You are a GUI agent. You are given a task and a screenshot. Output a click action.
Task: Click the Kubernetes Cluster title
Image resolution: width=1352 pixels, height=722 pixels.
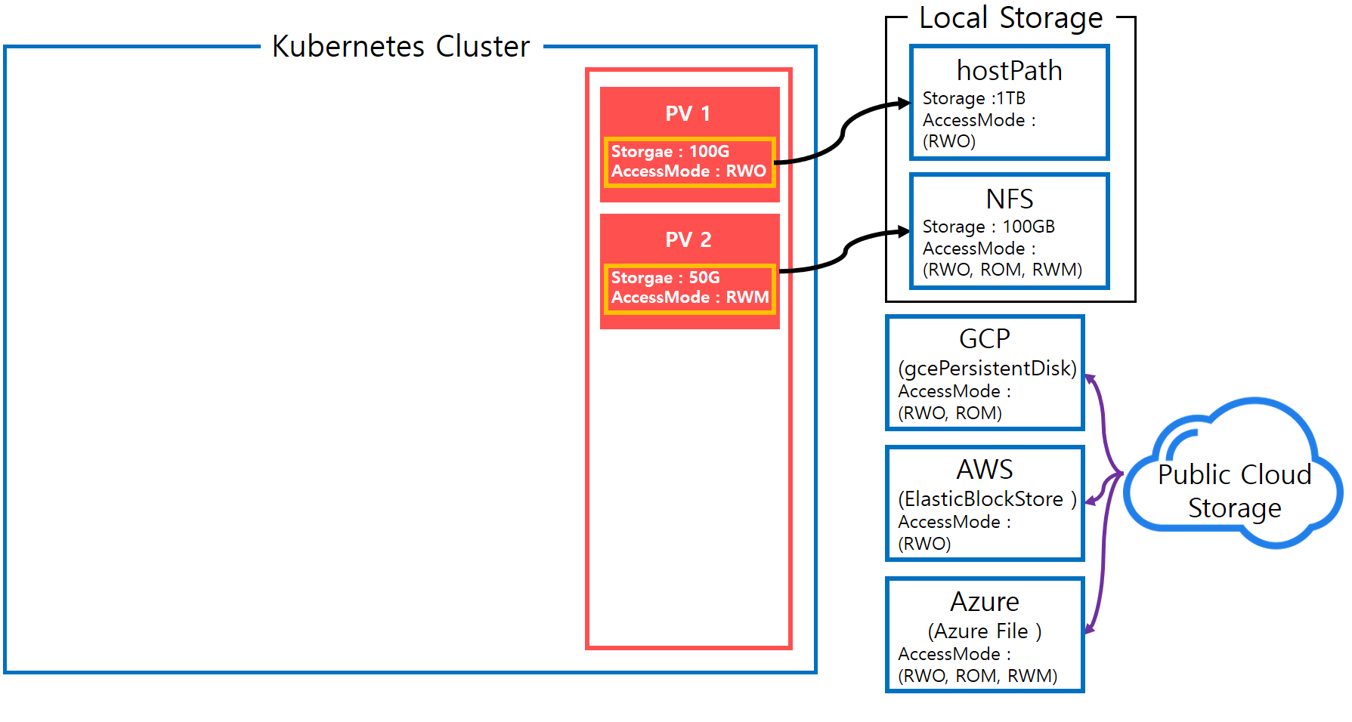click(401, 46)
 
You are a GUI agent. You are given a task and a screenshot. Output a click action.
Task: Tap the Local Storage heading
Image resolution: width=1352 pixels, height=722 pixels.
click(1010, 17)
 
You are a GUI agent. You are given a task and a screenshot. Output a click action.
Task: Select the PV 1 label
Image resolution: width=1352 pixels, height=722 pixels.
click(688, 113)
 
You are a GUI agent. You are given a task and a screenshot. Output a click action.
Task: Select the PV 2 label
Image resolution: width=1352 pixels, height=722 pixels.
click(688, 239)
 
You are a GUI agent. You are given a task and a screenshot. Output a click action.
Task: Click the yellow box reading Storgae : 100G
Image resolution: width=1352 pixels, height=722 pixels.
click(689, 162)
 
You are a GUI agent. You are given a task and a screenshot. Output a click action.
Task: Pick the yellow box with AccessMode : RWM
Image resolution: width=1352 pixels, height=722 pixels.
click(689, 288)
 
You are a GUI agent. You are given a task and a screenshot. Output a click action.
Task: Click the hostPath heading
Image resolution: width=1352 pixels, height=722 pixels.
click(1009, 70)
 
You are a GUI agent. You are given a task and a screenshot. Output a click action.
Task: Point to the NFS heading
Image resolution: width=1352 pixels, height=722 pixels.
click(1009, 199)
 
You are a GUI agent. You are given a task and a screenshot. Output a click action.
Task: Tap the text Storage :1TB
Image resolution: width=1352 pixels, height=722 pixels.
click(973, 98)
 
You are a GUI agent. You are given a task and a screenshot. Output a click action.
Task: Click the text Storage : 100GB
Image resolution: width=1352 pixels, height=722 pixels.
click(988, 227)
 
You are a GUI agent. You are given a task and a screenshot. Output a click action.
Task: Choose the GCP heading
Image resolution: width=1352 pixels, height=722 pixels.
click(984, 338)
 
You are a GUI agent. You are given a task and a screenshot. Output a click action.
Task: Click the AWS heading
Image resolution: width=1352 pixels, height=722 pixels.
click(984, 469)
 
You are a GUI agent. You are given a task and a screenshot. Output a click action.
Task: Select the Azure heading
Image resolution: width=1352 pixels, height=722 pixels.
click(984, 601)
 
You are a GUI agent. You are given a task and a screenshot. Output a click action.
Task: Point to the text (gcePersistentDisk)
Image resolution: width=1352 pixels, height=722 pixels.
click(986, 368)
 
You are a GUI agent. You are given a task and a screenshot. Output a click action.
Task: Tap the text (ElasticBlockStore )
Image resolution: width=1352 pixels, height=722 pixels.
click(986, 498)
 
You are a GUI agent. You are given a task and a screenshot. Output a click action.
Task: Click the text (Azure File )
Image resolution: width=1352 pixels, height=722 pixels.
click(984, 631)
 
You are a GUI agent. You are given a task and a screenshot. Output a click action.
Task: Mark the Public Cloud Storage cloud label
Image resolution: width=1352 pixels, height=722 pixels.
click(1234, 491)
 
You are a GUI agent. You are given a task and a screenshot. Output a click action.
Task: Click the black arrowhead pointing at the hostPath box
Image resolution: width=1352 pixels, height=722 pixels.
click(904, 103)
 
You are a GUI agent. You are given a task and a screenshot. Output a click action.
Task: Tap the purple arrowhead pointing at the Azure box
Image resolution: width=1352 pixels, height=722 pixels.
click(1089, 628)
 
